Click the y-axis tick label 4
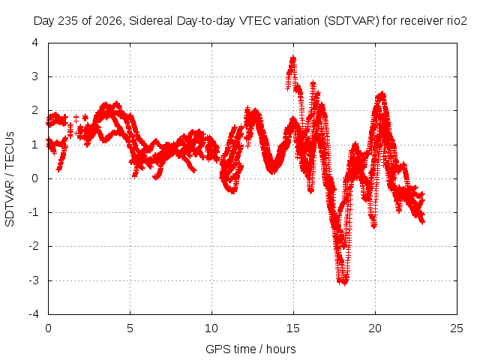click(35, 43)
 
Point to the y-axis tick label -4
click(34, 314)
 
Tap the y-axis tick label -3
click(34, 280)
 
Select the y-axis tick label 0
click(35, 178)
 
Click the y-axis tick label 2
click(35, 110)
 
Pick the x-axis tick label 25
click(457, 328)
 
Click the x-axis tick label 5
click(130, 328)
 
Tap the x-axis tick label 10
click(211, 328)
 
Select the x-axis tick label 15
click(293, 328)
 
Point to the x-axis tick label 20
click(375, 328)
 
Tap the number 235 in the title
click(69, 21)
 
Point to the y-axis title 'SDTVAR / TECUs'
click(10, 179)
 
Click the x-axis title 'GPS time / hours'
click(250, 349)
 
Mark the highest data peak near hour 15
click(293, 57)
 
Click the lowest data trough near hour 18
click(345, 283)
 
